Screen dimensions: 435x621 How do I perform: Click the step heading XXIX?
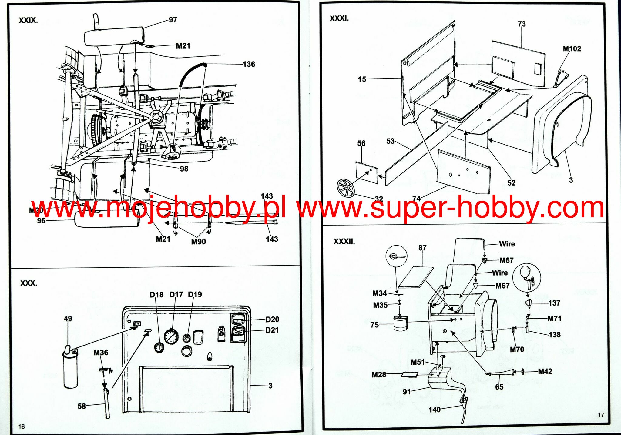point(28,21)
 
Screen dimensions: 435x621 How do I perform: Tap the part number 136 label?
point(249,64)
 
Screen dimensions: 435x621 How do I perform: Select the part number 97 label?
point(173,20)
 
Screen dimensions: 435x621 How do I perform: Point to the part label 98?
point(184,169)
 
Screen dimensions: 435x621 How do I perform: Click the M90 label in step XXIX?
point(198,242)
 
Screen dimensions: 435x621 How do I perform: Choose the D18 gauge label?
point(156,295)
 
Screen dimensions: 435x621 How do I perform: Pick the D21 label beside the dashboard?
point(272,330)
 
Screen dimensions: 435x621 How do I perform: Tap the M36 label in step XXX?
point(101,353)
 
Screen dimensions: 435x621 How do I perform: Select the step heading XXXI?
point(339,18)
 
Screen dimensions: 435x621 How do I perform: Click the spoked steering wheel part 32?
point(346,188)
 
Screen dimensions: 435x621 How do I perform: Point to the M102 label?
point(572,49)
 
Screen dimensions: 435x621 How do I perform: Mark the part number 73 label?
point(522,24)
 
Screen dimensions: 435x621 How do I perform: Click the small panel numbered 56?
point(367,173)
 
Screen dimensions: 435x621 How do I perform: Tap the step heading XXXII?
point(344,242)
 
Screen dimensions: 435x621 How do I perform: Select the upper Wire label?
point(507,244)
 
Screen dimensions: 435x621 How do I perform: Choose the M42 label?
point(545,371)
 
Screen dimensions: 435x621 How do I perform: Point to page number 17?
point(601,415)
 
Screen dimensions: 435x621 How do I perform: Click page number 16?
point(21,427)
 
